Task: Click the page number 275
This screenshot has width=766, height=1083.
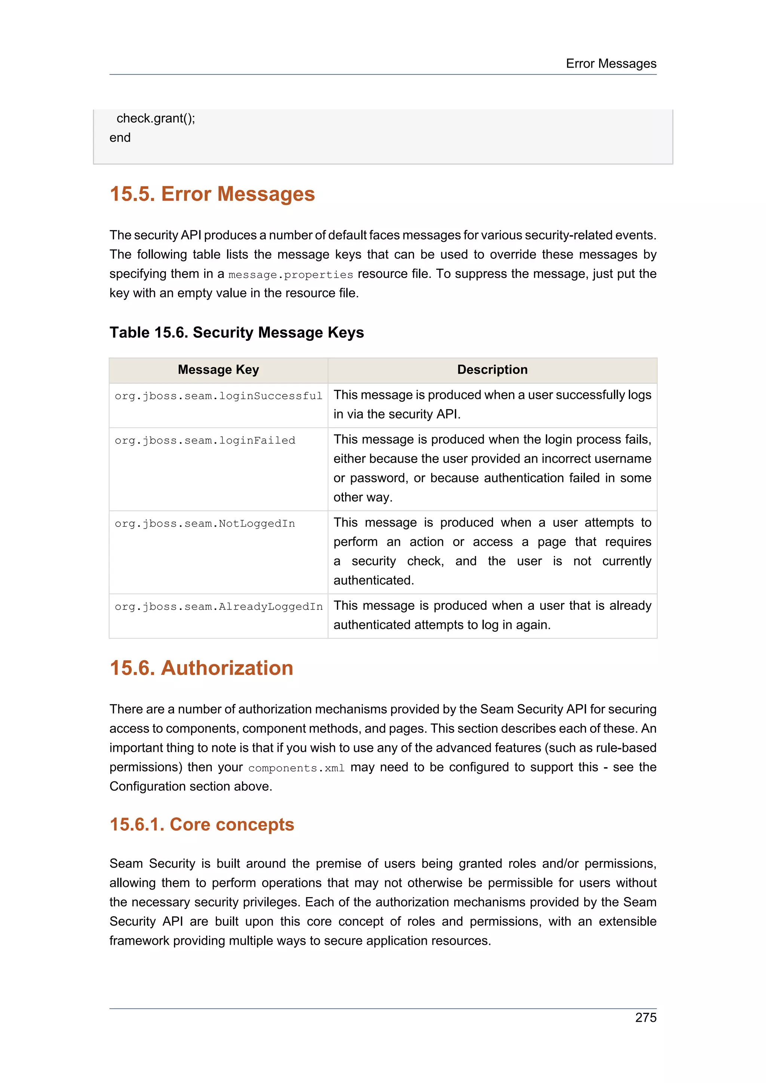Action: [x=645, y=1018]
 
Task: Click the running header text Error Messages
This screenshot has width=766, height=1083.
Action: [x=611, y=64]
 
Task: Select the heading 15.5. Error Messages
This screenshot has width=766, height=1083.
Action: [x=212, y=194]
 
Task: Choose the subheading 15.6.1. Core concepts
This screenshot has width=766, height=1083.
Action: [x=202, y=824]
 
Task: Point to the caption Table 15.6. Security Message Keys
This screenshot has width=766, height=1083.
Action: [x=236, y=333]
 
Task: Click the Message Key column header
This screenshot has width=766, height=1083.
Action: [x=218, y=370]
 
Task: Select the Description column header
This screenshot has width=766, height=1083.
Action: [x=492, y=370]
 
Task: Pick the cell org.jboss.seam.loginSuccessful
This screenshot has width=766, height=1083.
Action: [x=218, y=396]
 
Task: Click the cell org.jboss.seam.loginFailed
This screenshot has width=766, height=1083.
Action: [x=205, y=441]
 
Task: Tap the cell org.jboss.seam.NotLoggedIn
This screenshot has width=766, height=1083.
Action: [x=205, y=524]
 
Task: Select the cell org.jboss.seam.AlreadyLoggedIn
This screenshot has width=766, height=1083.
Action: [x=218, y=607]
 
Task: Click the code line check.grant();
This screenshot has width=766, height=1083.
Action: [x=156, y=118]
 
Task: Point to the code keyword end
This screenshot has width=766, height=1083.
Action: [x=120, y=138]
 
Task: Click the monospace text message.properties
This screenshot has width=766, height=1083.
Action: [x=290, y=275]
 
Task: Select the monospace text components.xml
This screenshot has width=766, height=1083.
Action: [x=296, y=768]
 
